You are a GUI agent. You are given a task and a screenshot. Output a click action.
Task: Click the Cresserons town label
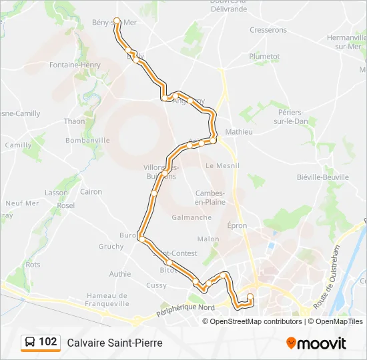pyautogui.click(x=268, y=30)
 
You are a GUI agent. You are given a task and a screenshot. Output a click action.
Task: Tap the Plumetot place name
pyautogui.click(x=264, y=57)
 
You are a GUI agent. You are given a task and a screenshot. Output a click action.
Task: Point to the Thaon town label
pyautogui.click(x=74, y=121)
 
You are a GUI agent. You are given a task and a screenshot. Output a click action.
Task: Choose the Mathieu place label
pyautogui.click(x=240, y=132)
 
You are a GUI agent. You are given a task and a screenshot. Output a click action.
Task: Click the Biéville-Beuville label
pyautogui.click(x=323, y=177)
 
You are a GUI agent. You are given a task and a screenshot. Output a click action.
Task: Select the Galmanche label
pyautogui.click(x=192, y=217)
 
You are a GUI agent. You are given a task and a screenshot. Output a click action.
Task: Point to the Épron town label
pyautogui.click(x=237, y=226)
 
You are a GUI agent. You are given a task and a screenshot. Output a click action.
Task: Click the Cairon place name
pyautogui.click(x=91, y=192)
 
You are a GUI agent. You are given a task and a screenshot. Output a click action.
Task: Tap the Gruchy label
pyautogui.click(x=111, y=246)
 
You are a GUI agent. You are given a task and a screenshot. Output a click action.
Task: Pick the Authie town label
pyautogui.click(x=120, y=273)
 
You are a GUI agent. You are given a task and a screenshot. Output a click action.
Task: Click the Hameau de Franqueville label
pyautogui.click(x=107, y=299)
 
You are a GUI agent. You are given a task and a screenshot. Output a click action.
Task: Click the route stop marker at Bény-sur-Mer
pyautogui.click(x=117, y=21)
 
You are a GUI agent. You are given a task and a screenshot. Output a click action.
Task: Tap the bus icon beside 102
pyautogui.click(x=29, y=343)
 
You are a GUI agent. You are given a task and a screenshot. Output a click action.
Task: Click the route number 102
pyautogui.click(x=48, y=343)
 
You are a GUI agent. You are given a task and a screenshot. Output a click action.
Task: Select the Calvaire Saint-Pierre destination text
pyautogui.click(x=115, y=343)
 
